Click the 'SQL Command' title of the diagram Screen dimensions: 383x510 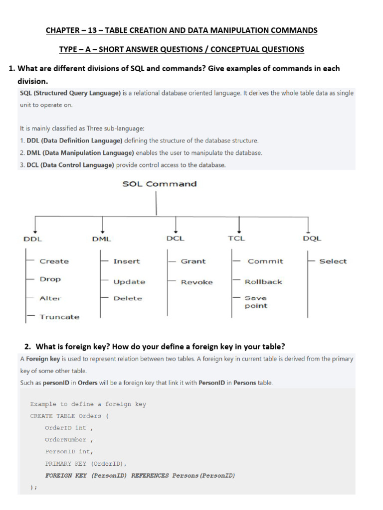[x=160, y=184]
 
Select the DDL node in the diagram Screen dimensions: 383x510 [x=33, y=239]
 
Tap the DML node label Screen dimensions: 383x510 [x=102, y=239]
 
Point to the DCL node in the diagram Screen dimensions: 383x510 [x=175, y=238]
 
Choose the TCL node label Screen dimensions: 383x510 [x=236, y=238]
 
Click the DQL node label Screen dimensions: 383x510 [x=312, y=238]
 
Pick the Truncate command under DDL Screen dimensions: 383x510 [x=59, y=317]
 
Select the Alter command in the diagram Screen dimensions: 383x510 [x=50, y=298]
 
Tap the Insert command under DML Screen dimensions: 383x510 [x=127, y=261]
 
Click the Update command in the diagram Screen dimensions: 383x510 [x=129, y=282]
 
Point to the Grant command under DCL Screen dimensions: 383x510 [x=193, y=261]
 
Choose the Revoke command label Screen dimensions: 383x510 [x=196, y=282]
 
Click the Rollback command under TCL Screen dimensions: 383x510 [x=263, y=282]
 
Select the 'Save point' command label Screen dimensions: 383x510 [x=256, y=302]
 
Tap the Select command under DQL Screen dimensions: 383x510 [x=333, y=261]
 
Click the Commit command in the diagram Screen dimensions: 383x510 [x=265, y=261]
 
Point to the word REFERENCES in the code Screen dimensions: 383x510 [x=150, y=476]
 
